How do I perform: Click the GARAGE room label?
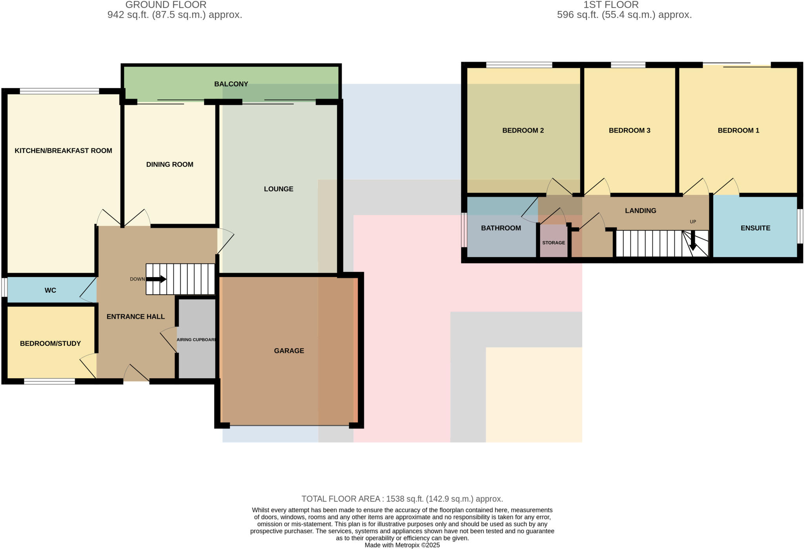pos(289,351)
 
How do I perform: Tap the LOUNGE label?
pos(278,189)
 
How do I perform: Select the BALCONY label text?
pos(231,84)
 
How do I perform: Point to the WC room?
pos(50,290)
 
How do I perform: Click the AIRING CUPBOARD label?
pos(196,339)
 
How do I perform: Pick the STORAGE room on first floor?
pos(554,243)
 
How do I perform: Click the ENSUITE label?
pos(755,228)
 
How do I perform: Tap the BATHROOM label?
pos(501,228)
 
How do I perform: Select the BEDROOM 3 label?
pos(629,130)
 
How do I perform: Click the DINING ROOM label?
pos(170,164)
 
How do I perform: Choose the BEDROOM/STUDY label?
pos(50,343)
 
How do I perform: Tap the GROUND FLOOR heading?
pos(166,5)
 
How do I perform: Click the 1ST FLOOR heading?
pos(611,5)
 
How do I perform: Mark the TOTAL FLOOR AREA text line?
pos(402,499)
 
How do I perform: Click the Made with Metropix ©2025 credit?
pos(402,545)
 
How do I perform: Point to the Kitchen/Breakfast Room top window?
pos(59,91)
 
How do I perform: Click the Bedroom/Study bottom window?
pos(49,381)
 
